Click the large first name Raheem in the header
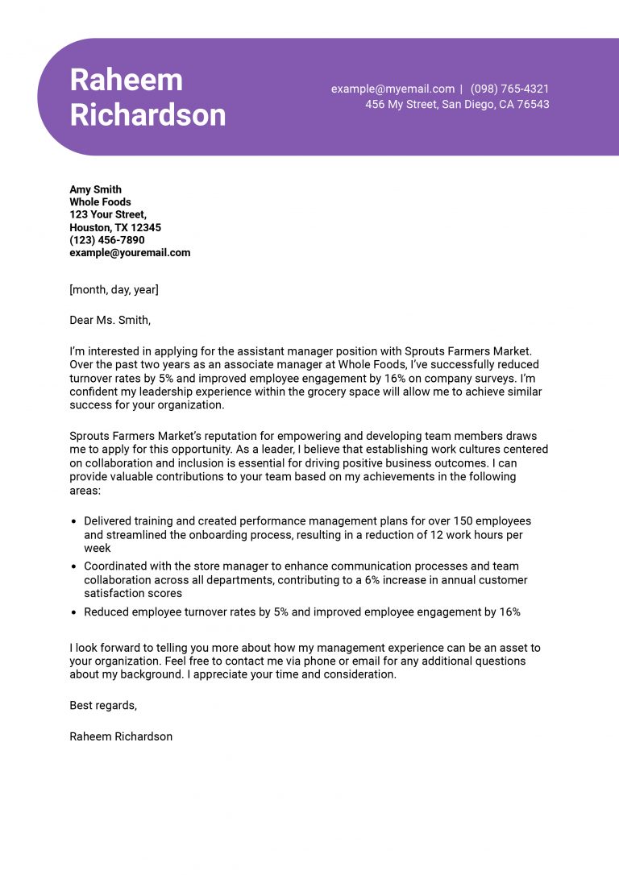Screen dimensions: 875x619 coord(126,80)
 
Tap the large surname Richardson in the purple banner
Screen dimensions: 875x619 coord(147,115)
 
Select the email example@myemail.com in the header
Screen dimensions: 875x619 coord(393,89)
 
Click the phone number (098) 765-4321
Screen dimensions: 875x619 coord(509,89)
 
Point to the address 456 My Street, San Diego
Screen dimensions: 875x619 coord(457,105)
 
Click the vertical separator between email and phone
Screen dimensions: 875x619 coord(462,89)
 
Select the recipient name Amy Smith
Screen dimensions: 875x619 coord(95,190)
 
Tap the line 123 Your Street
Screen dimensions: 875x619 coord(108,215)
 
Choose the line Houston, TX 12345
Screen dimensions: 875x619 coord(115,228)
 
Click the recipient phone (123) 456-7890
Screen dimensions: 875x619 coord(107,240)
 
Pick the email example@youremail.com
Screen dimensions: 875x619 coord(130,253)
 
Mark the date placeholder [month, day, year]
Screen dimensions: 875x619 coord(114,289)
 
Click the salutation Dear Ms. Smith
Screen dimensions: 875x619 coord(110,320)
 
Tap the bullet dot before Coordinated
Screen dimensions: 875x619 coord(74,567)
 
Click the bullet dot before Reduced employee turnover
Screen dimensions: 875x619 coord(74,612)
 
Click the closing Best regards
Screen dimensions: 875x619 coord(103,706)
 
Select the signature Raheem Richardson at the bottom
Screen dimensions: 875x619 coord(121,736)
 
